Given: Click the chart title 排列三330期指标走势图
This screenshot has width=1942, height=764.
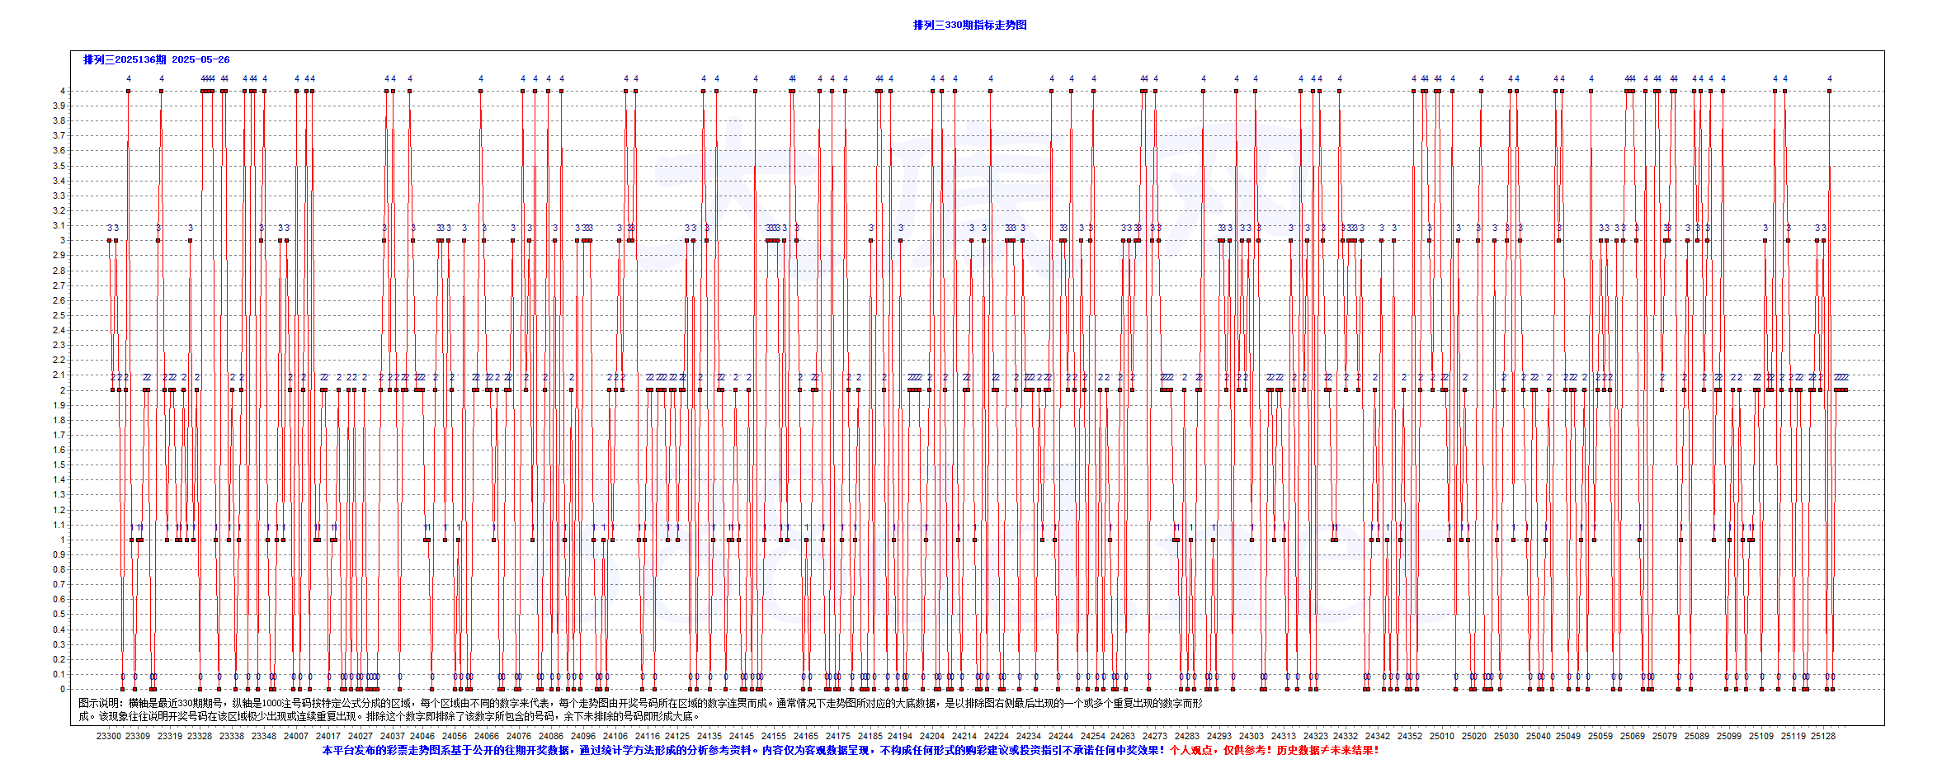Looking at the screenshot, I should tap(969, 25).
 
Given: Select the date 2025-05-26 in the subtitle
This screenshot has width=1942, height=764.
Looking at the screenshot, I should tap(200, 59).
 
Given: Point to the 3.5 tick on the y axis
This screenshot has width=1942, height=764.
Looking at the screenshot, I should tap(59, 166).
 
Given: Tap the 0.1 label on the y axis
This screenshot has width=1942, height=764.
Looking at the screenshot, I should tap(59, 674).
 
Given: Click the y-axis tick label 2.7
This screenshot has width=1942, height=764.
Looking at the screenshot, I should tap(59, 285).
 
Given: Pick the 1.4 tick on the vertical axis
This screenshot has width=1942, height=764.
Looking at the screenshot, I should tap(59, 479).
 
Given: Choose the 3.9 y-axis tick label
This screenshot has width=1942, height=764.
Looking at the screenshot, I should tap(59, 106).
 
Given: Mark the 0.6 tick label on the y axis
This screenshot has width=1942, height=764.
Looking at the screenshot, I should tap(59, 599).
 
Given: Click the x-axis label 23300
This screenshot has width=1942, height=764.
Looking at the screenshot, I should tap(108, 736).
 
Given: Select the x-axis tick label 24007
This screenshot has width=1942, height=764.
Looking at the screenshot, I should tap(296, 736).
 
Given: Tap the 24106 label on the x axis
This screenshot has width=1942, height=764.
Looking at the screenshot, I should tap(615, 736).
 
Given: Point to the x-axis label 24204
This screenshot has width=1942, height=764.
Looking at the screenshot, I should tap(931, 736).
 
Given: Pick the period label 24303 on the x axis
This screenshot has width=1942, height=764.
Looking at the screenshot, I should tap(1251, 736).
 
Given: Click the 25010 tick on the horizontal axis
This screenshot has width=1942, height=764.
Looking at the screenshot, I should tap(1441, 736).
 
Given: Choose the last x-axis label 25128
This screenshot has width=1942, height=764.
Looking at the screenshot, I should tap(1822, 736).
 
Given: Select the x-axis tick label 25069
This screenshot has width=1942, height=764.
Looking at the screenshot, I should tap(1632, 736).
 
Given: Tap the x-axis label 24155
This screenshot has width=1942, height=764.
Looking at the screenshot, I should tap(773, 736).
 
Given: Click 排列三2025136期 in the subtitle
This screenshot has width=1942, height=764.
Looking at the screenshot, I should tap(125, 59).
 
